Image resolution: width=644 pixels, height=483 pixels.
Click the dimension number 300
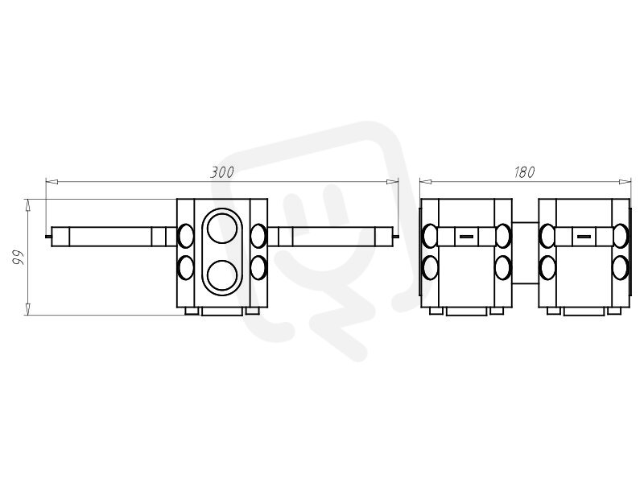pyautogui.click(x=222, y=172)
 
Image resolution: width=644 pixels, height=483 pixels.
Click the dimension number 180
pyautogui.click(x=525, y=172)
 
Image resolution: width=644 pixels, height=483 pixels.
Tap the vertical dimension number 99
pyautogui.click(x=19, y=257)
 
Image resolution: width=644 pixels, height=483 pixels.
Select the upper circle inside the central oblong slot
pyautogui.click(x=222, y=228)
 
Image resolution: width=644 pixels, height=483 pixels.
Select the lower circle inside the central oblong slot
pyautogui.click(x=222, y=275)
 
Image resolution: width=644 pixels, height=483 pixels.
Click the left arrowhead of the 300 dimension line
pyautogui.click(x=51, y=181)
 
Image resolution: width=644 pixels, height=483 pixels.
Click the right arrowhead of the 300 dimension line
pyautogui.click(x=393, y=181)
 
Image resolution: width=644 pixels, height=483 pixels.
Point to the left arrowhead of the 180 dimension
pyautogui.click(x=426, y=181)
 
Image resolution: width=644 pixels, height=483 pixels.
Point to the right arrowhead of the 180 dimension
pyautogui.click(x=625, y=181)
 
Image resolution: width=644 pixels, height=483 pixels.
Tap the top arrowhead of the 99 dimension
pyautogui.click(x=27, y=205)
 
